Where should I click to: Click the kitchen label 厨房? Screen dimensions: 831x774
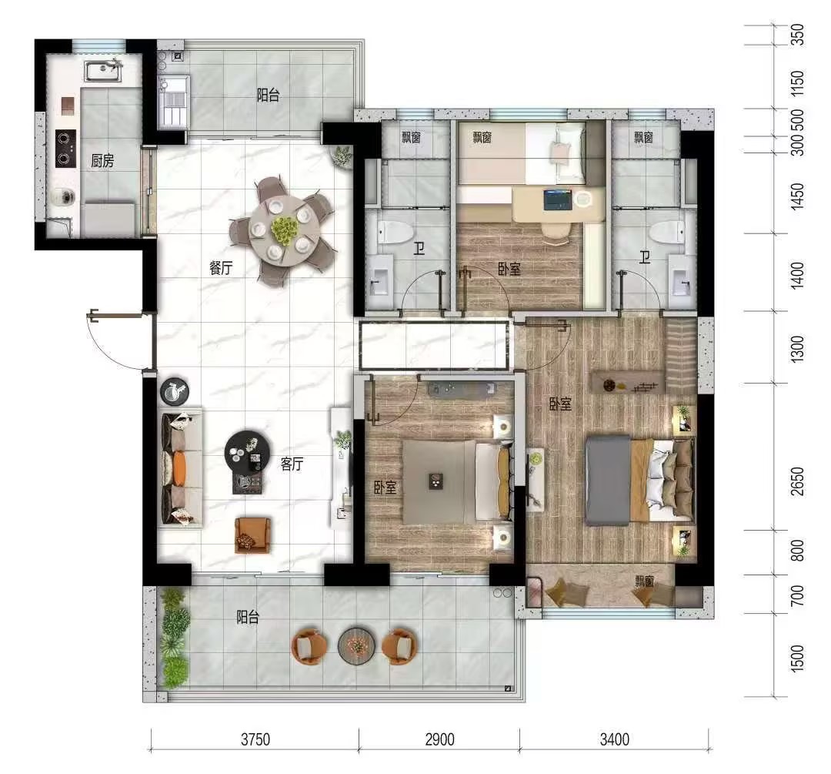(102, 160)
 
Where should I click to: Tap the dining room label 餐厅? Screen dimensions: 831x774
(221, 268)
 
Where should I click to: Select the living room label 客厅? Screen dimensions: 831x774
(292, 464)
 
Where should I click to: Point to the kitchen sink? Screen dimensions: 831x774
(103, 71)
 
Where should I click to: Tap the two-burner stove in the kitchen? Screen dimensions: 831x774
(65, 148)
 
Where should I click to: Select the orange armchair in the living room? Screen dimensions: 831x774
(252, 534)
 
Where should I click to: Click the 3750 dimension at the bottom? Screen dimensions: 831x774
(255, 739)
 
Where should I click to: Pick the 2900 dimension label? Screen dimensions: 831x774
(439, 739)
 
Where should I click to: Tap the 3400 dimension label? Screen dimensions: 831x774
(614, 739)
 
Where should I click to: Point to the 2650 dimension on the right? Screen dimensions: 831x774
(797, 481)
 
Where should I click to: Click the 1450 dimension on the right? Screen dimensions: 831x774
(797, 196)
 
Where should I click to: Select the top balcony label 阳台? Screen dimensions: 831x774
(269, 95)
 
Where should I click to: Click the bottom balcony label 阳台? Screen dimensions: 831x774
(248, 617)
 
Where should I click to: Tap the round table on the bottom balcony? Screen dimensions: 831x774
(357, 645)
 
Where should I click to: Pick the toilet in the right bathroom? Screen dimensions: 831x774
(666, 232)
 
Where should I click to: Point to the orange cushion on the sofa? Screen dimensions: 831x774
(179, 467)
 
